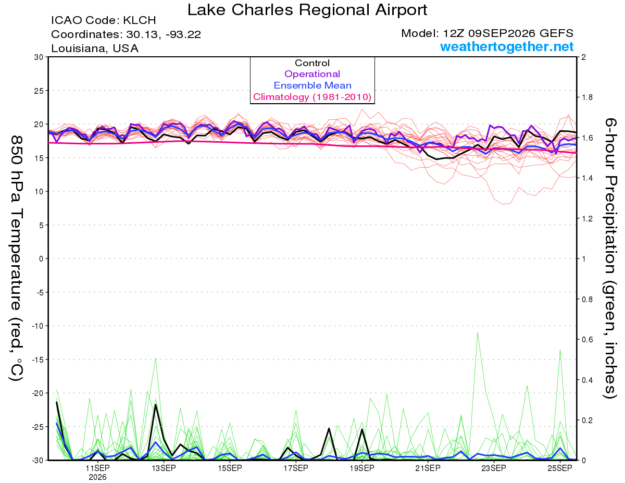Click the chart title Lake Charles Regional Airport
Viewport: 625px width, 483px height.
tap(307, 10)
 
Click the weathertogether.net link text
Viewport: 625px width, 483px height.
tap(507, 46)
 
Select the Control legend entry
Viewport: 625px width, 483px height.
tap(312, 63)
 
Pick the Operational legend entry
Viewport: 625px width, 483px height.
tap(312, 74)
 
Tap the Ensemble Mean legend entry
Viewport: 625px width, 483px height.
tap(312, 85)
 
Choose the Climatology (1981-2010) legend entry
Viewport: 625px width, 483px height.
tap(312, 97)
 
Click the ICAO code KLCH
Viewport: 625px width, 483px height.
tap(140, 20)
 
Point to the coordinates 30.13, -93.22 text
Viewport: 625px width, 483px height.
tap(164, 34)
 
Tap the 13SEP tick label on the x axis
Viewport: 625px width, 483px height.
tap(164, 468)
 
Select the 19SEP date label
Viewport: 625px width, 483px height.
tap(362, 468)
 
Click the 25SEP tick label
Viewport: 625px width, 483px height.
tap(560, 468)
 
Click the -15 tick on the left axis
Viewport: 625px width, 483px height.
tap(37, 360)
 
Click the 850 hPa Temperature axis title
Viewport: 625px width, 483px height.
tap(16, 258)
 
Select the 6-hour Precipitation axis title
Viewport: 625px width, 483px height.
tap(609, 258)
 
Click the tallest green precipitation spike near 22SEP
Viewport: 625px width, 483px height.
tap(478, 333)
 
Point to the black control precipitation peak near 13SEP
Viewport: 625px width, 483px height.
tap(156, 405)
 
